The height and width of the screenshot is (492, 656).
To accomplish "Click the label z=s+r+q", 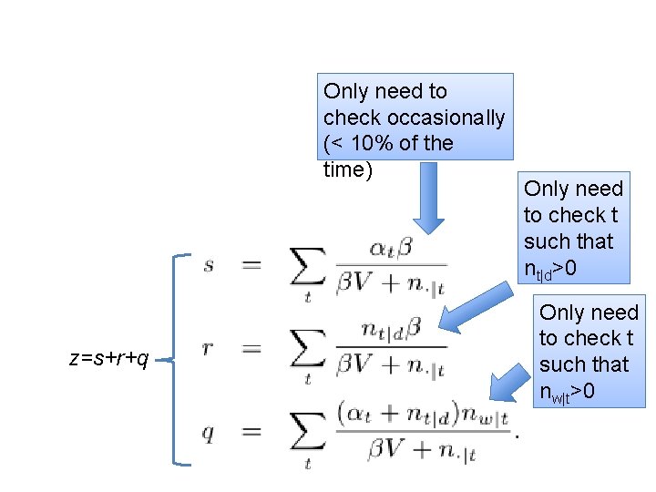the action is [108, 359].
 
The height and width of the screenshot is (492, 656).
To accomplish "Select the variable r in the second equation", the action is [210, 349].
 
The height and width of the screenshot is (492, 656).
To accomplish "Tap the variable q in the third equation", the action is [209, 433].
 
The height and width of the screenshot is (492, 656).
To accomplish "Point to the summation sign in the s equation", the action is [308, 267].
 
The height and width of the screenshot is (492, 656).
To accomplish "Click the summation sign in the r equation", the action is [308, 351].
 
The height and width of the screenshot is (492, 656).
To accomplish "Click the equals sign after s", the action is [251, 265].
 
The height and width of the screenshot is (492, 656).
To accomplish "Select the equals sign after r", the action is [251, 349].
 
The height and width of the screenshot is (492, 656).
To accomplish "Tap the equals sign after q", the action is [251, 433].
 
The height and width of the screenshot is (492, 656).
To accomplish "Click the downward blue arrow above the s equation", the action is [427, 197].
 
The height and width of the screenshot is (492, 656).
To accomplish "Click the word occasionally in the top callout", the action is [446, 118].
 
